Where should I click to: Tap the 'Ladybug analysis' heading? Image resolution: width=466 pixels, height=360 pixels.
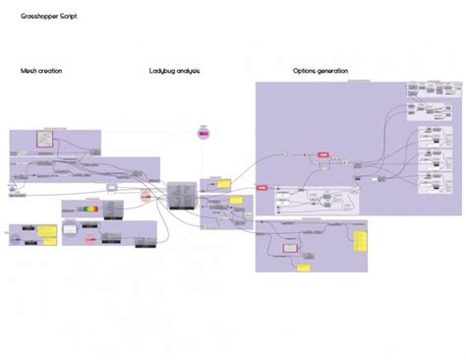point(174,72)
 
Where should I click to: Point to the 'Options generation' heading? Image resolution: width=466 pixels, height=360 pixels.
point(320,72)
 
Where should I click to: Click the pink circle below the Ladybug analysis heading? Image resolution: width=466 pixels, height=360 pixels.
point(204,132)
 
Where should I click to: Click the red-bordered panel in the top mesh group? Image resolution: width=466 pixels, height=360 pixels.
point(44,138)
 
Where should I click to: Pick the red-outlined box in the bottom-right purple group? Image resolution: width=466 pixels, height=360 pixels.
point(289,248)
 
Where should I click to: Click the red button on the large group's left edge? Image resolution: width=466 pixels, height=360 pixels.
point(262,187)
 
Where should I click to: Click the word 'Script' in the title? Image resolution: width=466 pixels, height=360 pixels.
point(67,17)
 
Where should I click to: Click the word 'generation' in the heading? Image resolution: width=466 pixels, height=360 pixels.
point(330,72)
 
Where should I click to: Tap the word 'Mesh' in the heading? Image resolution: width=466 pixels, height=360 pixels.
point(29,72)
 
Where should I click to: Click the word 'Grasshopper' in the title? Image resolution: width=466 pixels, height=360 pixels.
point(37,17)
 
